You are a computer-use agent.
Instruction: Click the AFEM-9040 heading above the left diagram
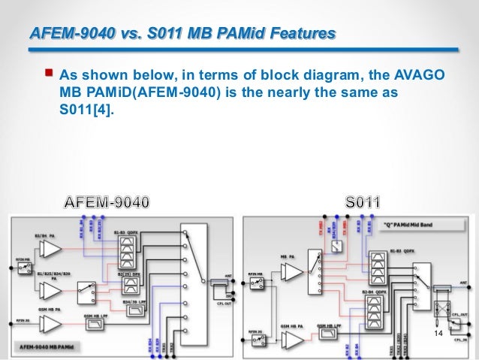click(x=107, y=202)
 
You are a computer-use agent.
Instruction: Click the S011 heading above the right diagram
click(x=363, y=202)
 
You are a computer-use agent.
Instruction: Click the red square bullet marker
click(x=49, y=73)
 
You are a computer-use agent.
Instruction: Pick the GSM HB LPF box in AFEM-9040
click(x=95, y=324)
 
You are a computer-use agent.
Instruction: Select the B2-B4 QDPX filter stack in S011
click(x=376, y=309)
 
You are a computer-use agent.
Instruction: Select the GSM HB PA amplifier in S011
click(x=288, y=334)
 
